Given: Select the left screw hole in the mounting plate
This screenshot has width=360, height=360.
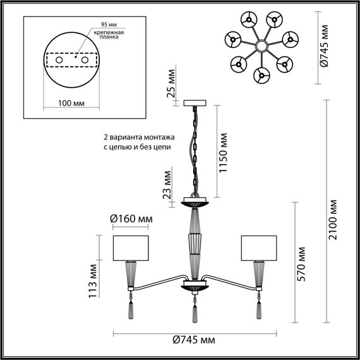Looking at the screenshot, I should (x=60, y=59).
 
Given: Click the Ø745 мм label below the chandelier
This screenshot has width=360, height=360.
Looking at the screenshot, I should (x=193, y=340).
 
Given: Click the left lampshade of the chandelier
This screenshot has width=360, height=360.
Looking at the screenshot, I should (x=131, y=248).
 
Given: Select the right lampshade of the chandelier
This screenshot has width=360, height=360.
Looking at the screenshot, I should (x=259, y=248).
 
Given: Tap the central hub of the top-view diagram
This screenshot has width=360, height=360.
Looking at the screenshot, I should (x=260, y=46).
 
